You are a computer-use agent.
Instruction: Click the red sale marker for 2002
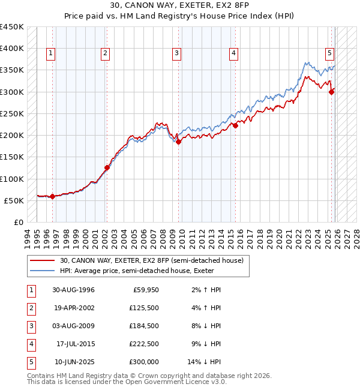107,168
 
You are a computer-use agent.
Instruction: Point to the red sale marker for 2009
179,142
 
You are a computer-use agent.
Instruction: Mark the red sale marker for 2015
236,125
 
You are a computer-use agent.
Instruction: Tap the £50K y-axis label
14,200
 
